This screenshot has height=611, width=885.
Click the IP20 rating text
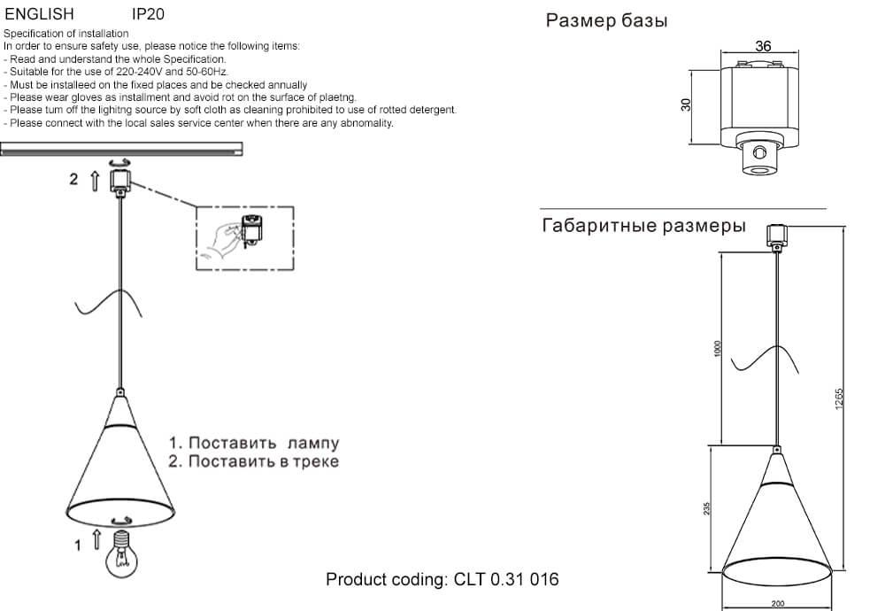pos(148,15)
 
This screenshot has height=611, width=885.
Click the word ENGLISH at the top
pos(40,15)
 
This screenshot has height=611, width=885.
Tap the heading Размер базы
pos(606,21)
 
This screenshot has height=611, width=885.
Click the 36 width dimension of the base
pos(763,46)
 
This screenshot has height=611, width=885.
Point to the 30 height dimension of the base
pos(686,104)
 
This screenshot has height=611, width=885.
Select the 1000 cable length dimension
pos(719,349)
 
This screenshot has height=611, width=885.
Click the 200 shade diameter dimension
pos(778,605)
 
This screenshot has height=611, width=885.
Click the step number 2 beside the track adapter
pos(74,179)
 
